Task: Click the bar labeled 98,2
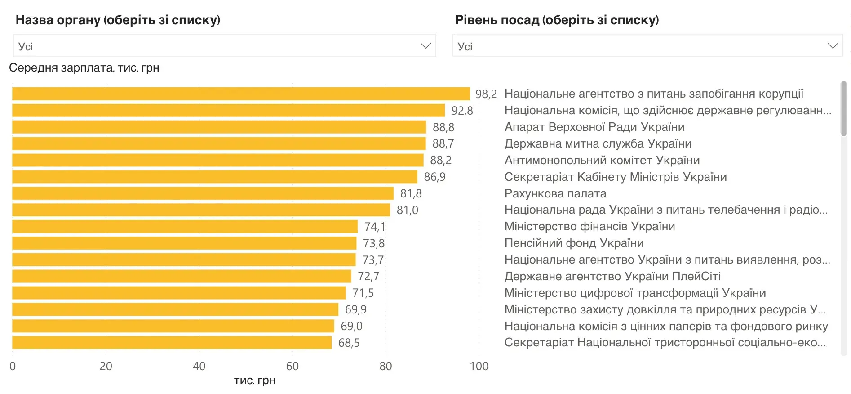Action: pos(240,94)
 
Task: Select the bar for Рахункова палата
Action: pos(202,193)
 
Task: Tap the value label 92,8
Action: pos(462,111)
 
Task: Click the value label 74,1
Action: pos(374,227)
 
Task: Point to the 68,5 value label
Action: pos(349,343)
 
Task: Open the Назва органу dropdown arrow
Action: pos(425,46)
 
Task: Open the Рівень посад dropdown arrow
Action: pos(832,46)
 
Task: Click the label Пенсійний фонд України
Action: pos(574,243)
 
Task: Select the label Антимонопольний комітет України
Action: pos(602,161)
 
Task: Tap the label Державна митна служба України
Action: pos(598,144)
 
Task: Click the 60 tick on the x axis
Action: pos(292,366)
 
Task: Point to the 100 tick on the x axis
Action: pos(479,366)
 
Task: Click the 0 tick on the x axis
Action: pos(13,366)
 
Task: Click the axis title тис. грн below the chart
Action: pos(254,381)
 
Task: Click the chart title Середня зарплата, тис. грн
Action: pos(84,68)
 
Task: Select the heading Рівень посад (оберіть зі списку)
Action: pos(557,20)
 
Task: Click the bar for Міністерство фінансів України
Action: pos(184,227)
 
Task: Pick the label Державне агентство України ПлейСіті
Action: pos(612,276)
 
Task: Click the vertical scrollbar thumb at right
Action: pos(843,108)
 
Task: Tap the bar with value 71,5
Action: pos(179,293)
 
